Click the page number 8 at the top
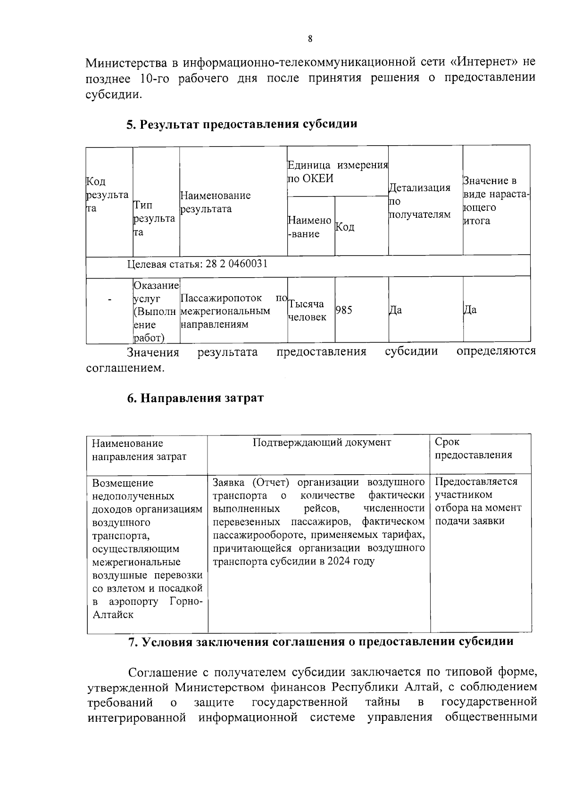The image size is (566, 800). click(309, 39)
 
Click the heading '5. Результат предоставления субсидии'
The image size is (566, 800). click(241, 124)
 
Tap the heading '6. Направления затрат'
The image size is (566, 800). click(195, 398)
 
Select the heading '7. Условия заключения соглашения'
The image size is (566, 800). click(321, 642)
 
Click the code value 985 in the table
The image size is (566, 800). click(343, 310)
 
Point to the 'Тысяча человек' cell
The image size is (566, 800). click(307, 310)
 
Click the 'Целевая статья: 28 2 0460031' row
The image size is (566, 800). click(198, 264)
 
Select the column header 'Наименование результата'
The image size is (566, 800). click(216, 202)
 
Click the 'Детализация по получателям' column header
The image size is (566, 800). click(419, 201)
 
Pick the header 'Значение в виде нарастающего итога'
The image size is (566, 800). click(496, 201)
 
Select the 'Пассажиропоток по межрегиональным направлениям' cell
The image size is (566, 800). click(233, 311)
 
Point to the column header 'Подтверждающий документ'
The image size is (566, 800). click(322, 442)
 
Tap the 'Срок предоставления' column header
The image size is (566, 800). click(473, 448)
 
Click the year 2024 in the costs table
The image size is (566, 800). click(339, 561)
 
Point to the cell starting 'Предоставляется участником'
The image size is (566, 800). click(478, 501)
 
